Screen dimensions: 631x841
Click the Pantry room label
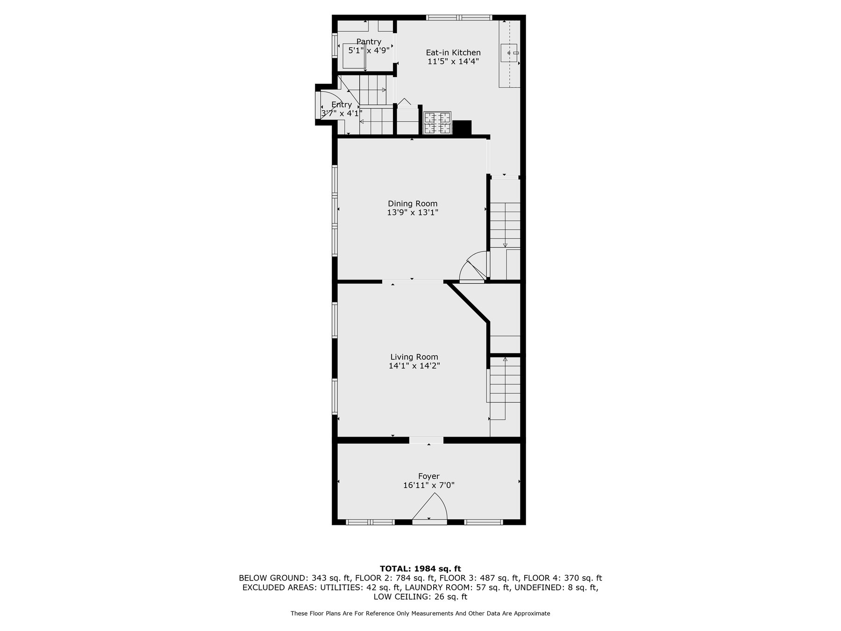pos(369,42)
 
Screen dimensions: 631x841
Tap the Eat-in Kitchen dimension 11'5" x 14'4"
pos(453,61)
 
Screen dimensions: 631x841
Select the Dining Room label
pos(413,203)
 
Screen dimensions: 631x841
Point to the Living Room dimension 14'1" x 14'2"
pos(414,366)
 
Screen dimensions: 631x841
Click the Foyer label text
pos(428,476)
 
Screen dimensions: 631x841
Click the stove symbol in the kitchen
pos(437,123)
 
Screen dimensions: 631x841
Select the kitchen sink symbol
pos(509,53)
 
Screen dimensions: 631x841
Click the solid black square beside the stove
pos(463,128)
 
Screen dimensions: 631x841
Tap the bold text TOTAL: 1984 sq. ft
pos(420,568)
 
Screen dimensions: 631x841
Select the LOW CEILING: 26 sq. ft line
pos(420,597)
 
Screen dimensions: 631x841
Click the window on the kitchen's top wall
pos(459,18)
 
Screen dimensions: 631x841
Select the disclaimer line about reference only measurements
pos(420,613)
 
